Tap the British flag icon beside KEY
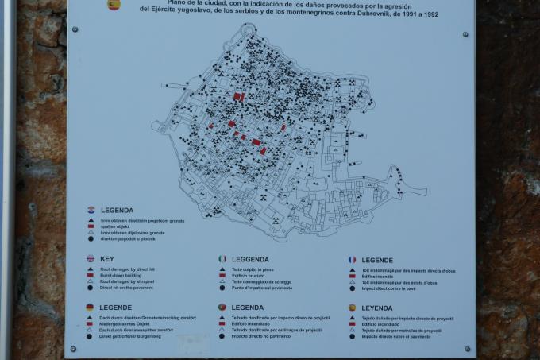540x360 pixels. (x=91, y=259)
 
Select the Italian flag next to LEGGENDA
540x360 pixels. (x=222, y=259)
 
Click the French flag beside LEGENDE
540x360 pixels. (x=352, y=259)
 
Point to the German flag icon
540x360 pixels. (x=91, y=307)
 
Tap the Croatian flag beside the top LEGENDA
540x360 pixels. (x=91, y=210)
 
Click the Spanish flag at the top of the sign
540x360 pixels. (x=114, y=5)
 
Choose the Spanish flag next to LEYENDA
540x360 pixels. (x=352, y=307)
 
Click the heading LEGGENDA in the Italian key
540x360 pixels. (x=251, y=259)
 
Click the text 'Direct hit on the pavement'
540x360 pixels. (x=134, y=288)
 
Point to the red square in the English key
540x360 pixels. (x=91, y=276)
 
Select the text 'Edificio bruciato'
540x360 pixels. (x=253, y=276)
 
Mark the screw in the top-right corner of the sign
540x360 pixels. (x=465, y=34)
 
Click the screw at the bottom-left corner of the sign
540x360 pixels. (x=74, y=348)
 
